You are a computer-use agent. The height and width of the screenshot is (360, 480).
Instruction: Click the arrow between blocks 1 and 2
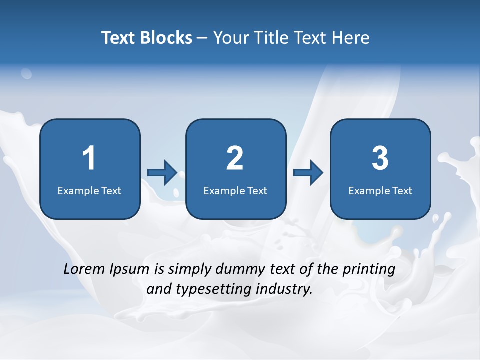(162, 173)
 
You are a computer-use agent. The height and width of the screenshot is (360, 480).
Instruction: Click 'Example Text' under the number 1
(89, 191)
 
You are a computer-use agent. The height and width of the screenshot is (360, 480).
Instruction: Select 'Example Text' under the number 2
(235, 191)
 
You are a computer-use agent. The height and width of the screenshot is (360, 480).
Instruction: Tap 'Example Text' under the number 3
(380, 191)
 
